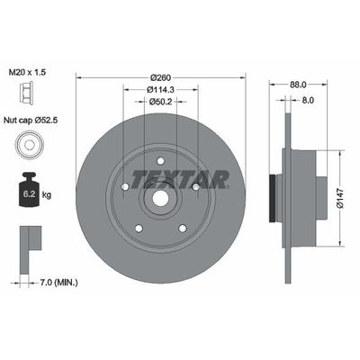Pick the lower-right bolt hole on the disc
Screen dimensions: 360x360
pos(183,229)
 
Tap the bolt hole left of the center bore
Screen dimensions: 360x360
pos(123,187)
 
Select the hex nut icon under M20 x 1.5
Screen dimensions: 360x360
pos(30,92)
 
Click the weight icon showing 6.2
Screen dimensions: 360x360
pos(30,189)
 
